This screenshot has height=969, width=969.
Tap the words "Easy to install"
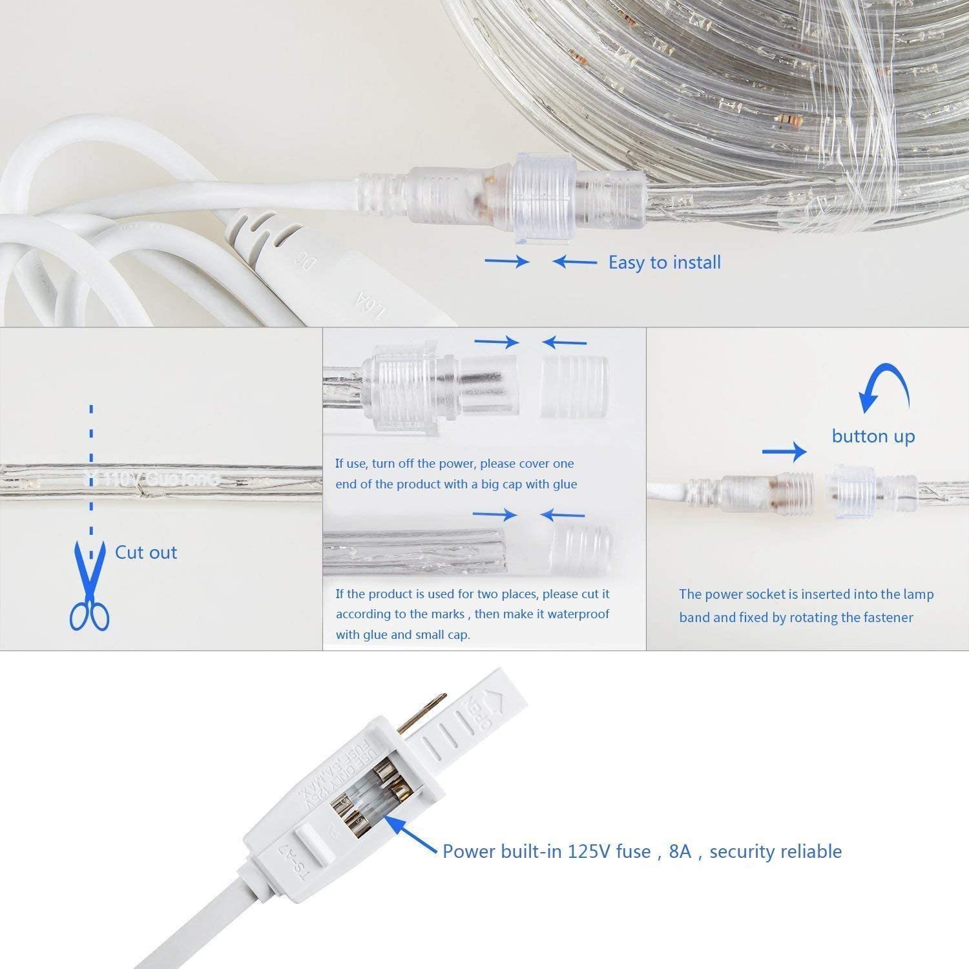tap(664, 262)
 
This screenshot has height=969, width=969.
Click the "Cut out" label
tap(146, 552)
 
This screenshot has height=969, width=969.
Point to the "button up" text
tap(873, 436)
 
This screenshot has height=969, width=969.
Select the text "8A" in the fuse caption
tap(680, 851)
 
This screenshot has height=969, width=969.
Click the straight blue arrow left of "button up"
tap(784, 452)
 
